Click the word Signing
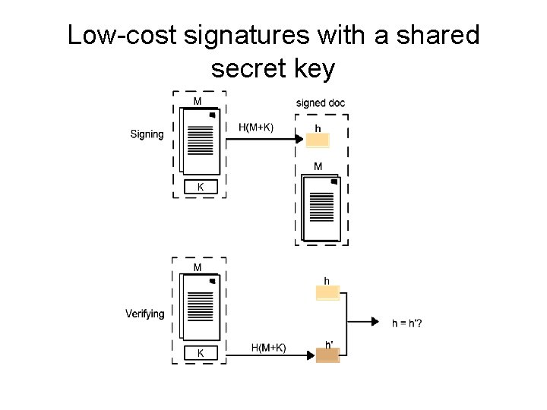pyautogui.click(x=147, y=134)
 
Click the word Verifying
pyautogui.click(x=144, y=314)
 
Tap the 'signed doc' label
pyautogui.click(x=321, y=102)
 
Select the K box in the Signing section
pyautogui.click(x=201, y=187)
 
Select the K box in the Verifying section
pyautogui.click(x=201, y=353)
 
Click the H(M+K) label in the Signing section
pyautogui.click(x=255, y=127)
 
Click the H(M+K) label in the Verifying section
pyautogui.click(x=269, y=348)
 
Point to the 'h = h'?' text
pyautogui.click(x=407, y=323)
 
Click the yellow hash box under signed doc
pyautogui.click(x=318, y=140)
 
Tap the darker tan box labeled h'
pyautogui.click(x=327, y=355)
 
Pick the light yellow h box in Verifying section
pyautogui.click(x=327, y=293)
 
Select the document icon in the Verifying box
pyautogui.click(x=200, y=308)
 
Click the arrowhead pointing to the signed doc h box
pyautogui.click(x=301, y=139)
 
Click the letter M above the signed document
pyautogui.click(x=318, y=166)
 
